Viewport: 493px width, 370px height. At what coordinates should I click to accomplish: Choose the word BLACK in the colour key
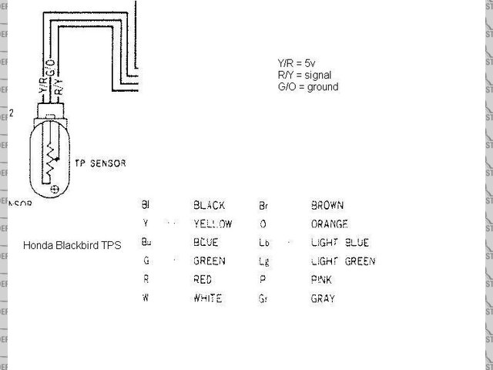click(209, 206)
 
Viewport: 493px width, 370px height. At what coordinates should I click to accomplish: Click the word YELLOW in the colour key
click(213, 224)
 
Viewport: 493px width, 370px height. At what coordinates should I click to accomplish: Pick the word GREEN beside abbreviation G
click(210, 261)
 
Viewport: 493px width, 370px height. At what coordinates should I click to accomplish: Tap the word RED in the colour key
click(202, 280)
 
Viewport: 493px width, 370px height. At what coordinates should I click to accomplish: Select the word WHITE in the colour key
click(207, 298)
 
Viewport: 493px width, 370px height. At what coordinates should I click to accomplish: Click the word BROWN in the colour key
click(327, 206)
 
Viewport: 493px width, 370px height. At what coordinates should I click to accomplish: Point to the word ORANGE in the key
click(330, 224)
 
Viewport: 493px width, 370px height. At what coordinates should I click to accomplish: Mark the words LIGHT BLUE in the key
click(340, 243)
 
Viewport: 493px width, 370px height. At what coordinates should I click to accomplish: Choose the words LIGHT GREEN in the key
click(343, 261)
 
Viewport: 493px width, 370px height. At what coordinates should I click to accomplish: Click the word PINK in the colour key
click(321, 280)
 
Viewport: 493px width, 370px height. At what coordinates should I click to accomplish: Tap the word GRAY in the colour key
click(323, 298)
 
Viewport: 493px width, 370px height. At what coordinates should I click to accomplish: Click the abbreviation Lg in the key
click(263, 261)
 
